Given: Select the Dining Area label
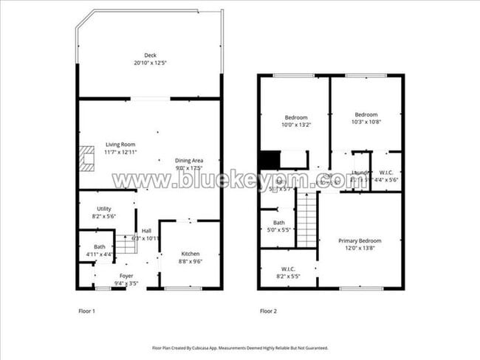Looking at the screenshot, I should pos(188,164).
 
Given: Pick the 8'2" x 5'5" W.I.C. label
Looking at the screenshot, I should pos(287,272).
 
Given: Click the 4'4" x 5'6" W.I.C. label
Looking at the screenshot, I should pos(385,176).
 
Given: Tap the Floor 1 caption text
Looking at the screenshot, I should pos(86,311).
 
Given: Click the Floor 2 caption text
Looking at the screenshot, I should pos(268,311).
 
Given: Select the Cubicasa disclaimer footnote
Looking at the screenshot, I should pos(240,347).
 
